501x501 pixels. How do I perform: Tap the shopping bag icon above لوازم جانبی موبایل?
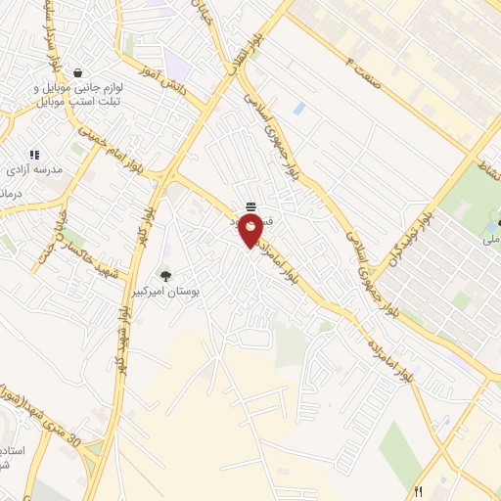(78, 72)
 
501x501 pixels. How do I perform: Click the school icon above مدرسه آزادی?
(34, 154)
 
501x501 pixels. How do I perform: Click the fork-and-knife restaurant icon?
(419, 491)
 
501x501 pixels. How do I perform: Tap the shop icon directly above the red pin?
(251, 205)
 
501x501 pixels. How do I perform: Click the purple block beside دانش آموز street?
(177, 68)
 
